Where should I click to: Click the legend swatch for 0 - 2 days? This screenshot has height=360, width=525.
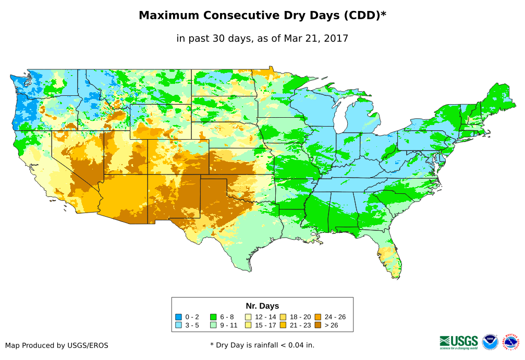click(x=178, y=317)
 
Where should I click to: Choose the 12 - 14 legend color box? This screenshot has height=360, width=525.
click(x=248, y=317)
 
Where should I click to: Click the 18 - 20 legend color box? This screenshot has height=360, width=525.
click(x=283, y=317)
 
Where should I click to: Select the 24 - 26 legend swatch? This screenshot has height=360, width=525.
click(x=318, y=317)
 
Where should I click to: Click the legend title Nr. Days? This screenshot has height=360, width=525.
click(x=262, y=306)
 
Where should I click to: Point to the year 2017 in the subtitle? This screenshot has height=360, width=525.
click(x=336, y=38)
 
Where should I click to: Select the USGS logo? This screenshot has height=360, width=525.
click(x=459, y=342)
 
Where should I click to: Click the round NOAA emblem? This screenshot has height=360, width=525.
click(x=490, y=342)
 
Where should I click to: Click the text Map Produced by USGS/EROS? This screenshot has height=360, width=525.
click(x=57, y=345)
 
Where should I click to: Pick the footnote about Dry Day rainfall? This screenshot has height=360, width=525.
click(x=262, y=345)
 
